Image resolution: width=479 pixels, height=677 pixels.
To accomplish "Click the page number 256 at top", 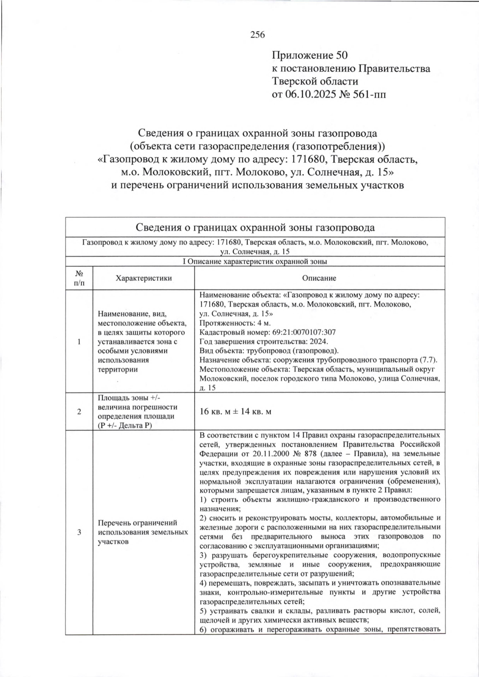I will pyautogui.click(x=257, y=35).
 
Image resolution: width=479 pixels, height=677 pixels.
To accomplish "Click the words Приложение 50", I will pyautogui.click(x=310, y=55).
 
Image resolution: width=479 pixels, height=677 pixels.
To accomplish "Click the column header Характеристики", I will pyautogui.click(x=144, y=278).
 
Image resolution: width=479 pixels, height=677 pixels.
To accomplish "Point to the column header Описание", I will pyautogui.click(x=319, y=278).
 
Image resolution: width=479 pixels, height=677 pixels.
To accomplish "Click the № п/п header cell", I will pyautogui.click(x=79, y=278).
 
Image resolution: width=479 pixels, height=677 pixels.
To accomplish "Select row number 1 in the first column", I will pyautogui.click(x=79, y=341).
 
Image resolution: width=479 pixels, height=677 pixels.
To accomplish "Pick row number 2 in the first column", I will pyautogui.click(x=79, y=411).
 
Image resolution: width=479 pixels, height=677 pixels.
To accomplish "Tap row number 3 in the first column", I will pyautogui.click(x=79, y=532).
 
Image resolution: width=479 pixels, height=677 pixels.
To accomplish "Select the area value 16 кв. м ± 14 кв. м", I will pyautogui.click(x=235, y=411).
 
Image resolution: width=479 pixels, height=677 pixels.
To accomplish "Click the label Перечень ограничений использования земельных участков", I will pyautogui.click(x=143, y=532).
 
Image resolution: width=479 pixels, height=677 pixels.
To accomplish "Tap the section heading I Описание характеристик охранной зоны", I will pyautogui.click(x=255, y=262).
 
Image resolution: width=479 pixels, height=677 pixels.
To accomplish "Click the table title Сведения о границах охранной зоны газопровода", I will pyautogui.click(x=255, y=228).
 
